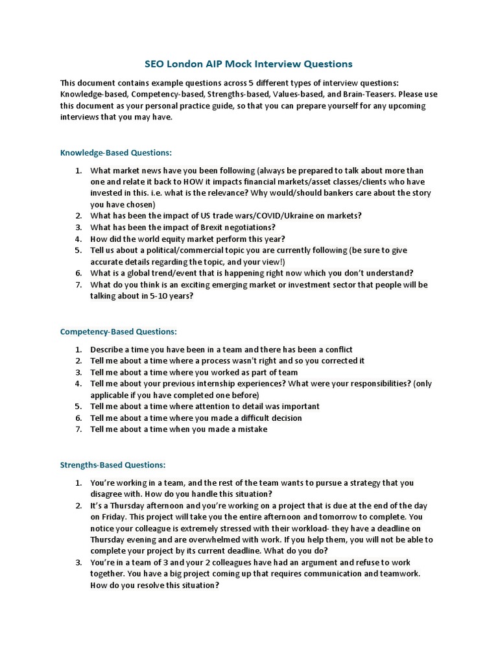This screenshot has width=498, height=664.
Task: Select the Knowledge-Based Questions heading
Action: coord(116,153)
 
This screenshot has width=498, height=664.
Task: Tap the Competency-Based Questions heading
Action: coord(118,331)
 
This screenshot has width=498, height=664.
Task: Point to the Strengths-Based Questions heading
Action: coord(113,465)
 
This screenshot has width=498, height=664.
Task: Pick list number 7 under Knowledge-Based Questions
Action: coord(78,285)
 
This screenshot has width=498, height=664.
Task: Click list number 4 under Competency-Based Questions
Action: coord(78,383)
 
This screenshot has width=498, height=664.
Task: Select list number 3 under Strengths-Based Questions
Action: coord(78,562)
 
